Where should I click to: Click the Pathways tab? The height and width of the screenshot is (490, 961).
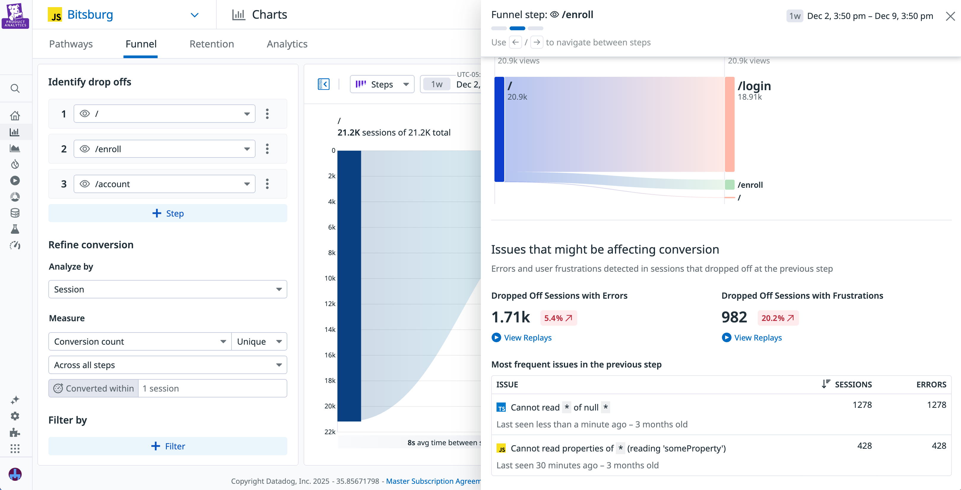point(71,44)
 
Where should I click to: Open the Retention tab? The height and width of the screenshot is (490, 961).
point(212,44)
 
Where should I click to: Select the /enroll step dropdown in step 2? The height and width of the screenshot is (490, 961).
point(164,149)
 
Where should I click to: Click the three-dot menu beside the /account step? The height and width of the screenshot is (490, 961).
point(267,184)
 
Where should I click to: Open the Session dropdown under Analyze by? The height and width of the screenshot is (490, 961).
point(167,289)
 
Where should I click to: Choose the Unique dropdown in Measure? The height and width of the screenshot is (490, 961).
point(259,342)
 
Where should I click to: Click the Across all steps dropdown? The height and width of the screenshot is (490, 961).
point(167,365)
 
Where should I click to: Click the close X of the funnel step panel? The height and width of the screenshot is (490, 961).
point(950,16)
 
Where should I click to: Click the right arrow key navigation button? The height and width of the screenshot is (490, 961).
point(537,42)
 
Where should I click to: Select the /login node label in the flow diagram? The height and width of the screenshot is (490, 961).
point(754,86)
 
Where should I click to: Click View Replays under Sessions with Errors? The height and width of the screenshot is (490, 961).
point(527,338)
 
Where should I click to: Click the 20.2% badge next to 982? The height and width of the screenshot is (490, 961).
point(778,318)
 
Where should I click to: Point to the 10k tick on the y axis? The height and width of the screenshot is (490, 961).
point(330,278)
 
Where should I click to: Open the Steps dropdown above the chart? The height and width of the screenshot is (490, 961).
point(382,84)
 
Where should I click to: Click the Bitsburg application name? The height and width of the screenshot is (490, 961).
point(90,15)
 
